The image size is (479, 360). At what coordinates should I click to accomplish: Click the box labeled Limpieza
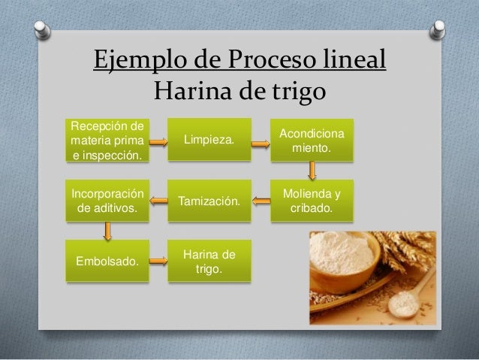coord(209,140)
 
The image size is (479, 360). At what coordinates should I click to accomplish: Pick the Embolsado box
coord(107,262)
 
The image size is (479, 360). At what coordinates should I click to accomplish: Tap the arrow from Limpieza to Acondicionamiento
coord(260,147)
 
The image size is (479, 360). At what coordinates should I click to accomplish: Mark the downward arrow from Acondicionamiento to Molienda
coord(314,171)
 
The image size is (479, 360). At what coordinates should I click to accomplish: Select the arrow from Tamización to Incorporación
coord(158,199)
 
